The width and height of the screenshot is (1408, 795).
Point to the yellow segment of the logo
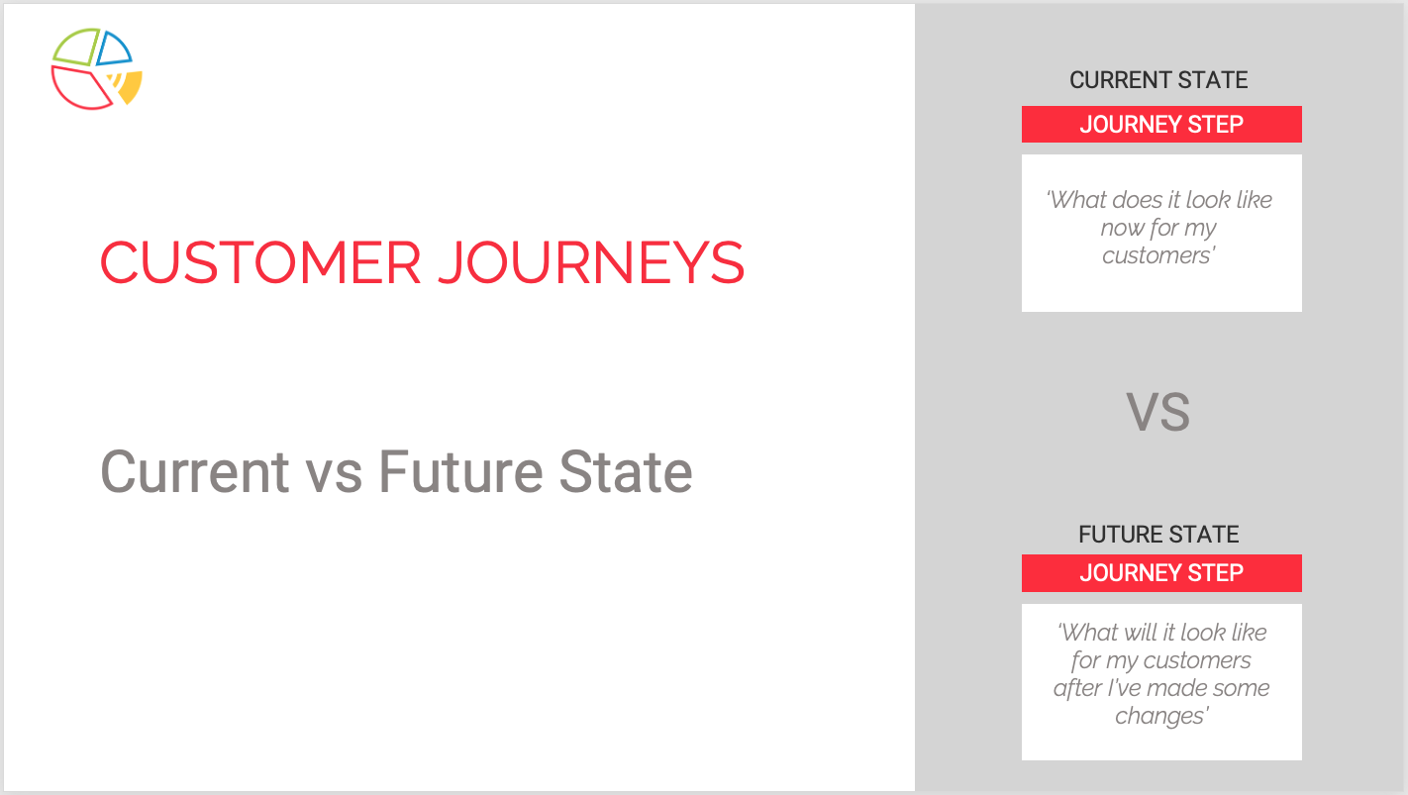[130, 88]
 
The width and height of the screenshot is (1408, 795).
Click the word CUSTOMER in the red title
[260, 262]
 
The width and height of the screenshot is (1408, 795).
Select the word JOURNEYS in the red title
[591, 262]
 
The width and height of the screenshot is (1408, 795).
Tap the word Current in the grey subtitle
[195, 471]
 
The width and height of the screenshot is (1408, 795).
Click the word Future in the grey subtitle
[460, 471]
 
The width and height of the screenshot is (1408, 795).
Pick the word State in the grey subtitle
[626, 471]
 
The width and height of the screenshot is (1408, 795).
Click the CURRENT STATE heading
[1158, 80]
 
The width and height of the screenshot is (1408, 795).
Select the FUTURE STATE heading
[1158, 535]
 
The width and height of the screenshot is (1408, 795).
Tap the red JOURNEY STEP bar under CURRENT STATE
[1161, 124]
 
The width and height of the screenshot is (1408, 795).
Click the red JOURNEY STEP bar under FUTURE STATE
[1161, 572]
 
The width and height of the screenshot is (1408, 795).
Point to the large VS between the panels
[1157, 412]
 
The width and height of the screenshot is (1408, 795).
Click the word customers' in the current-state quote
[1158, 255]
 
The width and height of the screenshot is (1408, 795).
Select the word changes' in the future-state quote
[1161, 716]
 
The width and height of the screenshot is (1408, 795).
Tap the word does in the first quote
[1134, 200]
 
